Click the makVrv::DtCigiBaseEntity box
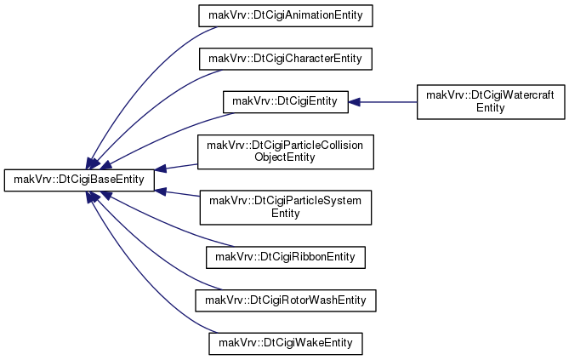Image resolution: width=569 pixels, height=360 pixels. click(x=79, y=180)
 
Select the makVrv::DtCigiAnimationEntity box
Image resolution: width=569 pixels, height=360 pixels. click(x=286, y=15)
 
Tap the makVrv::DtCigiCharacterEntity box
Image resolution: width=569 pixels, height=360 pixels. click(x=286, y=59)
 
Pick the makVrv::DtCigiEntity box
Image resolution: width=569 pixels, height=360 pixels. click(x=286, y=102)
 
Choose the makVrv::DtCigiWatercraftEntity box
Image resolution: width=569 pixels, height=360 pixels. click(x=491, y=102)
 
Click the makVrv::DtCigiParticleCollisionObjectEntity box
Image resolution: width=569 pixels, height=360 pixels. click(x=286, y=151)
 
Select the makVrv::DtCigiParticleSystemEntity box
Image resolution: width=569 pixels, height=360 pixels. click(x=286, y=208)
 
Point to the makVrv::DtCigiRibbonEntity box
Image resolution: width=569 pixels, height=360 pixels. click(x=286, y=258)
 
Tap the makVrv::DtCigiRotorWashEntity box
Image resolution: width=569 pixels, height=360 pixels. click(x=286, y=300)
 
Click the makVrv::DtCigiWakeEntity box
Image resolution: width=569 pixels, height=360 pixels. click(x=286, y=344)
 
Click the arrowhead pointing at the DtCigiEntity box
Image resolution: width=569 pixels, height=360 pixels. click(x=354, y=102)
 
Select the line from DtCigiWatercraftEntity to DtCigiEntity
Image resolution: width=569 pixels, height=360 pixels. click(x=389, y=102)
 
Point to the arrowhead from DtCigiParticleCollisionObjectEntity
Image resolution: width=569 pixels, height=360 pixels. click(x=161, y=169)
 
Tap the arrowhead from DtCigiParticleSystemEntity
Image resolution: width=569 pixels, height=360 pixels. click(x=161, y=191)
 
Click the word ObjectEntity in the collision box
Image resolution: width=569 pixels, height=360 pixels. click(x=285, y=157)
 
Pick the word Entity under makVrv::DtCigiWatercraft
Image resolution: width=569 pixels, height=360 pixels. click(x=491, y=108)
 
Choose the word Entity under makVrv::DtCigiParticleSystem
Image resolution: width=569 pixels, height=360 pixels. click(x=286, y=214)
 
